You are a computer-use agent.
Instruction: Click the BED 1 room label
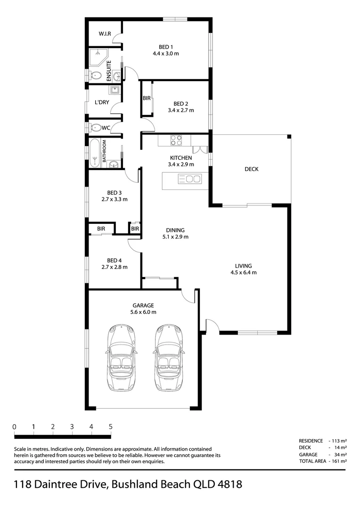click(165, 47)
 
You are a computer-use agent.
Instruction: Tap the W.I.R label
click(105, 34)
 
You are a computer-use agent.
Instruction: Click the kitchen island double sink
click(189, 179)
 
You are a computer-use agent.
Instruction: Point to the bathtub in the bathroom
click(95, 153)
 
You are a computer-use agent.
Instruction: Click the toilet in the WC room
click(96, 127)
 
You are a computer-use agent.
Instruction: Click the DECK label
click(251, 169)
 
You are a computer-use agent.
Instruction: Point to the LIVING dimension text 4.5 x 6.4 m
click(243, 272)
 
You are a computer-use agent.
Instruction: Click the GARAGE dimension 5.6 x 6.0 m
click(143, 312)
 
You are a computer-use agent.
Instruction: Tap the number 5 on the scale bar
click(110, 427)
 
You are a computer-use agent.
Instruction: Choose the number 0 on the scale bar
click(15, 427)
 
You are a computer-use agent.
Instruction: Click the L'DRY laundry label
click(102, 102)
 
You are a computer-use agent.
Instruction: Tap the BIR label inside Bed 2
click(147, 99)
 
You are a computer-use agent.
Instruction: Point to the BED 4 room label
click(114, 260)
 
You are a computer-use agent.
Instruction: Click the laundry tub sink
click(114, 90)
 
